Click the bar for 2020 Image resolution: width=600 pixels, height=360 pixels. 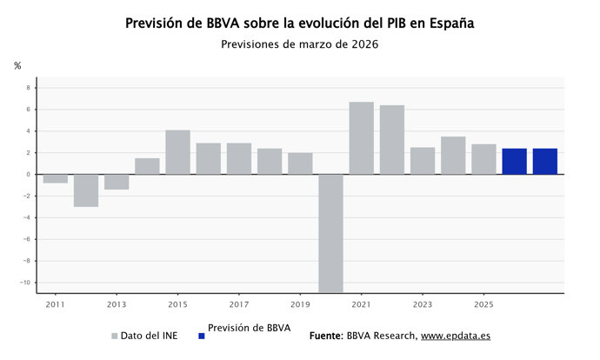point(330,233)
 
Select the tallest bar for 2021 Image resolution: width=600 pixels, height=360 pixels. point(361,138)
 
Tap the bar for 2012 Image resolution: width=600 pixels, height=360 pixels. point(85,190)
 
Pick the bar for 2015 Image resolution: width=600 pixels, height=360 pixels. point(177,152)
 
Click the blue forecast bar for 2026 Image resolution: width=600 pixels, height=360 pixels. point(514,162)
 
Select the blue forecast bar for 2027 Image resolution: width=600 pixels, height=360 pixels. point(544,162)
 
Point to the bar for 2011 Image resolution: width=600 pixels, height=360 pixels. point(55,178)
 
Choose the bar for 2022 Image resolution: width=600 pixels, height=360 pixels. point(391,140)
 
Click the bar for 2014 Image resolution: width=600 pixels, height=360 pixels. point(147,166)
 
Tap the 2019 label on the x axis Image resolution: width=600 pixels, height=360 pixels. point(300,305)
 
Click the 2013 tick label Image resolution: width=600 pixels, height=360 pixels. point(117,305)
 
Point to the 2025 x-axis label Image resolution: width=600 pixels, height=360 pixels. point(483,305)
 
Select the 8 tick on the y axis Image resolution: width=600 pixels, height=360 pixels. point(27,88)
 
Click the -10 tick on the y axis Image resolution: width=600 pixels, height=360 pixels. point(24,283)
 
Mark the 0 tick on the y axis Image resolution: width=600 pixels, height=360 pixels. point(27,175)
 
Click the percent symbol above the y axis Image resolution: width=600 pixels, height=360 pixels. point(17,66)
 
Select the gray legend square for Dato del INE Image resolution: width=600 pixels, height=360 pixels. point(114,336)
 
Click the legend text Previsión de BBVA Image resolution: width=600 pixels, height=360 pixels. point(250,328)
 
